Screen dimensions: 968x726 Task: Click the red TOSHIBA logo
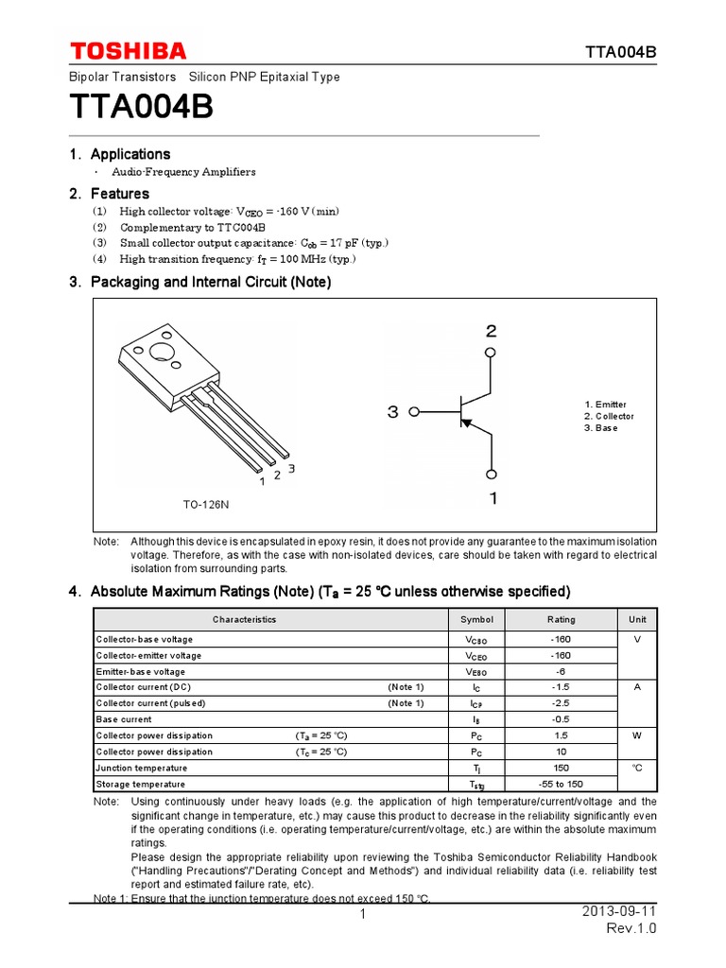tap(128, 50)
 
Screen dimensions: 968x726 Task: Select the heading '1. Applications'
tap(120, 154)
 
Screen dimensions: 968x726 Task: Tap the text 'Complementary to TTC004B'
tap(192, 227)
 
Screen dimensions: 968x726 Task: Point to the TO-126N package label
tap(206, 505)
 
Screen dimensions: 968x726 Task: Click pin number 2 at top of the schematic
tap(491, 331)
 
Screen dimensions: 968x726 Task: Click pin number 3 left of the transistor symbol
tap(393, 412)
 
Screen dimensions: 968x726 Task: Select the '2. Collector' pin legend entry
tap(609, 416)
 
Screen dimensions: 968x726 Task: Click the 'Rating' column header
tap(561, 619)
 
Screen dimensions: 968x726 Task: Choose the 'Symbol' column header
tap(476, 619)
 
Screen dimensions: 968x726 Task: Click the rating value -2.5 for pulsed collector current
tap(561, 703)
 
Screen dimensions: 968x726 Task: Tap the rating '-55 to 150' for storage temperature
tap(561, 784)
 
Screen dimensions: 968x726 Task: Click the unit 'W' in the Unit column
tap(637, 735)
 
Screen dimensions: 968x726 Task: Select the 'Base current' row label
tap(124, 719)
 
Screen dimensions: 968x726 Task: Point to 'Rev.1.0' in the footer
tap(631, 928)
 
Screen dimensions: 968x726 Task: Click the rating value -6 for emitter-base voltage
tap(561, 671)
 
